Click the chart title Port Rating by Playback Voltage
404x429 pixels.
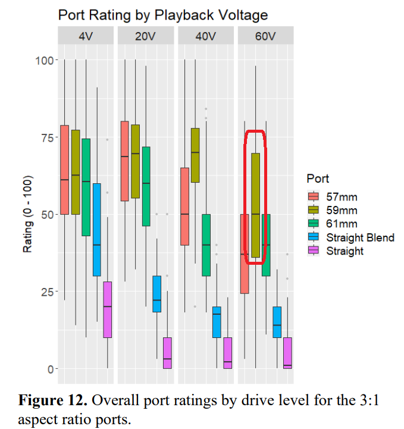tap(162, 15)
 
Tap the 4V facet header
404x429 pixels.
tap(86, 36)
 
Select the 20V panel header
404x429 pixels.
tap(146, 36)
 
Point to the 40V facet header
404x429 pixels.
tap(206, 36)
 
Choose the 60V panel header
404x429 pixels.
tap(266, 36)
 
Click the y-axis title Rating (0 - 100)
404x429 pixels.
tap(27, 214)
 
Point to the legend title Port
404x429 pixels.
tap(318, 179)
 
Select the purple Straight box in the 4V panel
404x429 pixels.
tap(108, 309)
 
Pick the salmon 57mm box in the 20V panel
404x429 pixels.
tap(124, 161)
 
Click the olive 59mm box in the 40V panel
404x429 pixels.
tap(195, 155)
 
